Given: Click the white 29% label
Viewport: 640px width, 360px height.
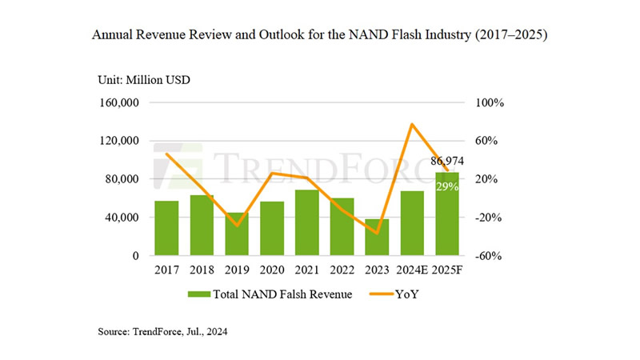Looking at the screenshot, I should pyautogui.click(x=446, y=186).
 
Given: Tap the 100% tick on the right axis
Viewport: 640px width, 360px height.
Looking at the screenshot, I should pyautogui.click(x=490, y=103).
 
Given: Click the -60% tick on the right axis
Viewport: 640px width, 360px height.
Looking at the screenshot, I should pyautogui.click(x=490, y=256).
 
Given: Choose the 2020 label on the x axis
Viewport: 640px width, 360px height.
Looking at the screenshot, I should pyautogui.click(x=272, y=270).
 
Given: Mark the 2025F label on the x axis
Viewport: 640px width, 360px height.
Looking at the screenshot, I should pyautogui.click(x=447, y=270).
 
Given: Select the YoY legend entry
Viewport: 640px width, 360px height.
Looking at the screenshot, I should pyautogui.click(x=405, y=294).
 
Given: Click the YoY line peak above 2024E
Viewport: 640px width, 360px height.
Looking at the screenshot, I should pyautogui.click(x=411, y=124).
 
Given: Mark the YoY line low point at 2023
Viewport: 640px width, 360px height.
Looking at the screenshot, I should pyautogui.click(x=377, y=233).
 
